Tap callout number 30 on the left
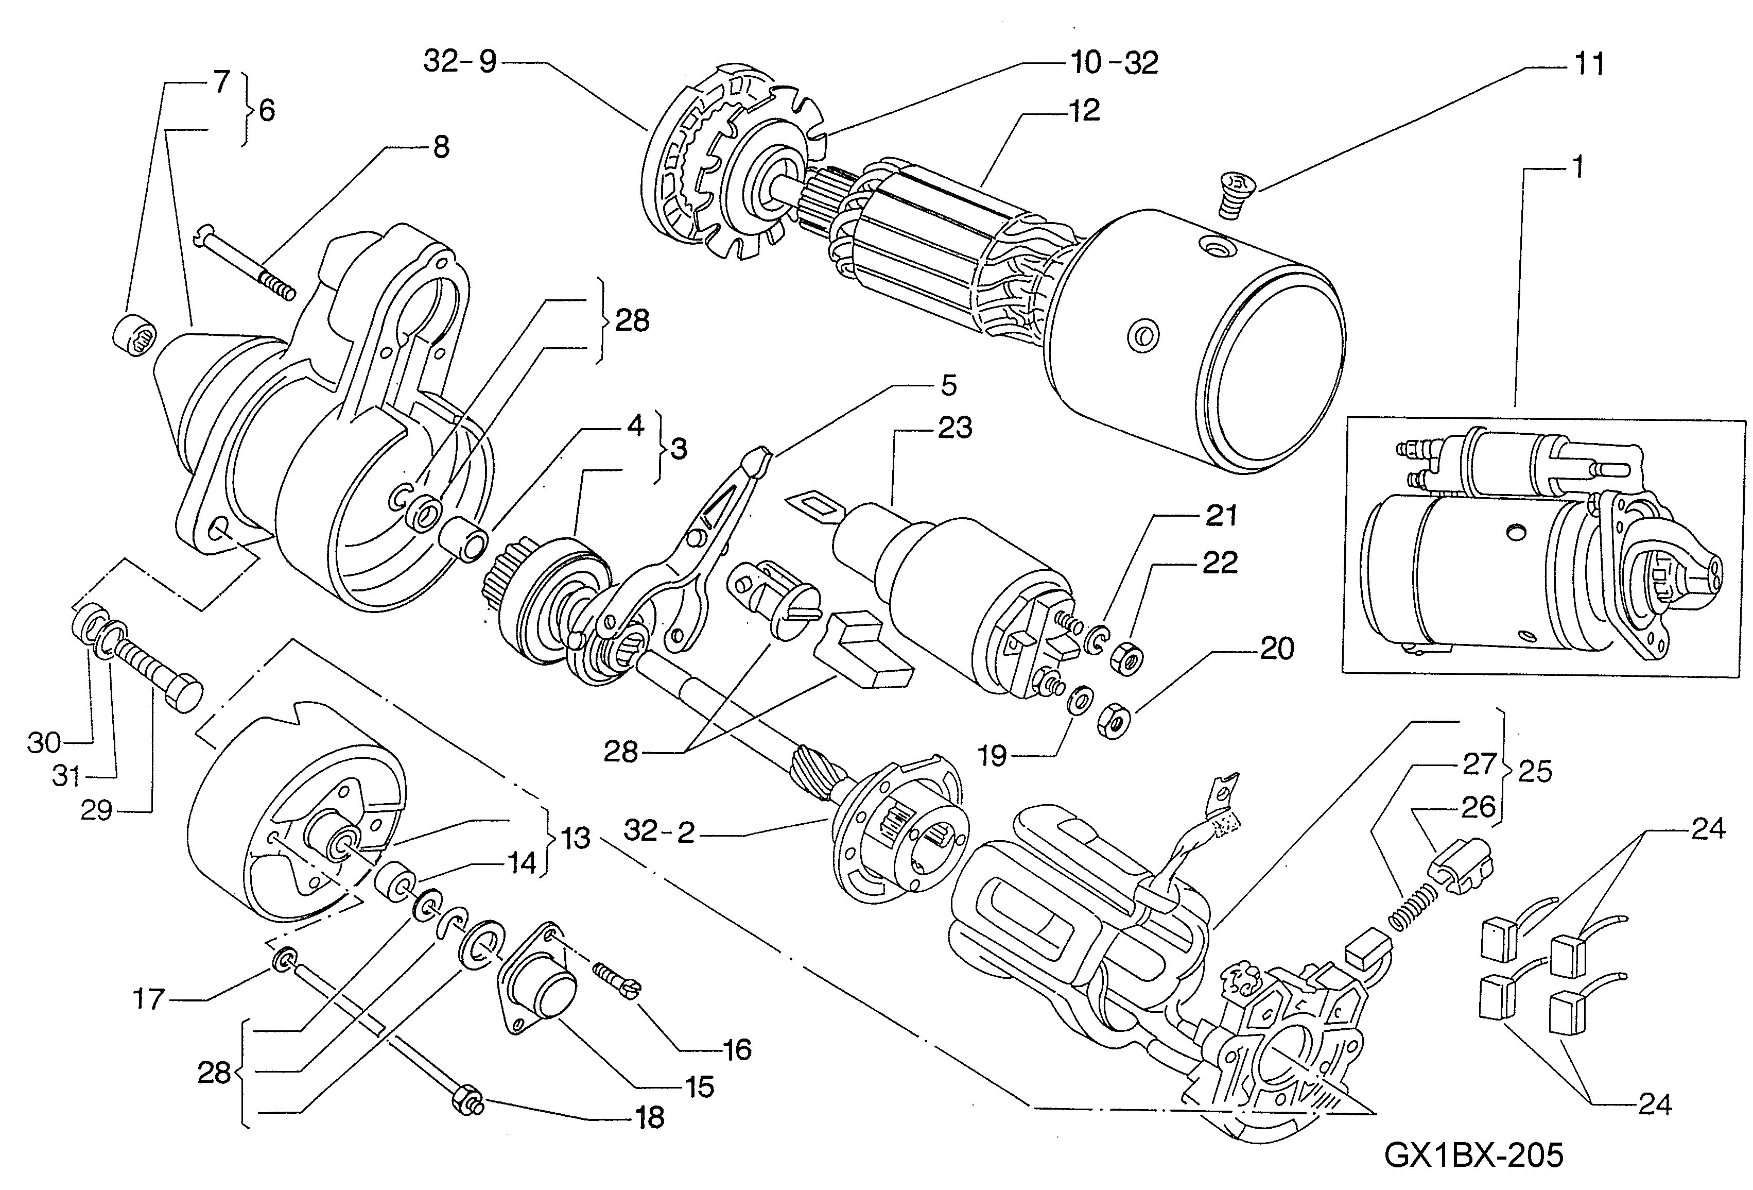(44, 742)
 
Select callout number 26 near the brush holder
(1478, 807)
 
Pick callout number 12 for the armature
(1084, 110)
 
